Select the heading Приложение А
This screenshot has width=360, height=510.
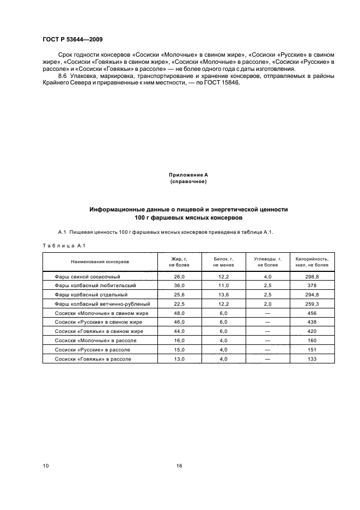[x=188, y=174]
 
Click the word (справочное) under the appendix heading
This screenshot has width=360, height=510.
[x=188, y=181]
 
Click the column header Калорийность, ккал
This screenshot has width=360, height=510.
[x=312, y=262]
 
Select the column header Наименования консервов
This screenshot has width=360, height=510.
[x=100, y=262]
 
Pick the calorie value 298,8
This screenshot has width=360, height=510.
[x=312, y=277]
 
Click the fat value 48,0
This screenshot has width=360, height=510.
[x=179, y=314]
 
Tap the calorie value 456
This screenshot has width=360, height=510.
[x=312, y=314]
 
